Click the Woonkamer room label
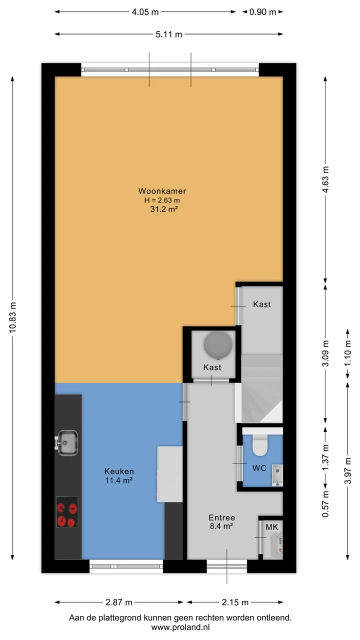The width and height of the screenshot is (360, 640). pyautogui.click(x=162, y=191)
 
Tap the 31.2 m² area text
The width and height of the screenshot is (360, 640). pyautogui.click(x=164, y=209)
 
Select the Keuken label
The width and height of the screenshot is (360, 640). pyautogui.click(x=119, y=471)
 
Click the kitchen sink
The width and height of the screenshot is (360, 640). pyautogui.click(x=67, y=443)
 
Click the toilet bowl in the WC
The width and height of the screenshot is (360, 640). pyautogui.click(x=259, y=445)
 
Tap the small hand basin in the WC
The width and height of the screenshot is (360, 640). pyautogui.click(x=277, y=475)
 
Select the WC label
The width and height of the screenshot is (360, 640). pyautogui.click(x=259, y=468)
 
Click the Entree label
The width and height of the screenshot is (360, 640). pyautogui.click(x=221, y=517)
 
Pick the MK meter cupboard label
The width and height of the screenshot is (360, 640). pyautogui.click(x=271, y=527)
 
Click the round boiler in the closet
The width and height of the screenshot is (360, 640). pyautogui.click(x=218, y=344)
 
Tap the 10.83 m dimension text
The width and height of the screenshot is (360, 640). pyautogui.click(x=13, y=317)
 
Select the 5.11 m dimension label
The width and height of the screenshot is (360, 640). pyautogui.click(x=168, y=34)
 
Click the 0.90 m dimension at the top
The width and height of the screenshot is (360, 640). pyautogui.click(x=262, y=12)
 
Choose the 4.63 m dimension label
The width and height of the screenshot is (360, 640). pyautogui.click(x=325, y=179)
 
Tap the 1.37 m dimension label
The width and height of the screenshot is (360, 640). pyautogui.click(x=325, y=457)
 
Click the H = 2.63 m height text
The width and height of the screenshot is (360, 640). pyautogui.click(x=162, y=200)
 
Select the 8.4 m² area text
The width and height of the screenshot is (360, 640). pyautogui.click(x=221, y=526)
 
